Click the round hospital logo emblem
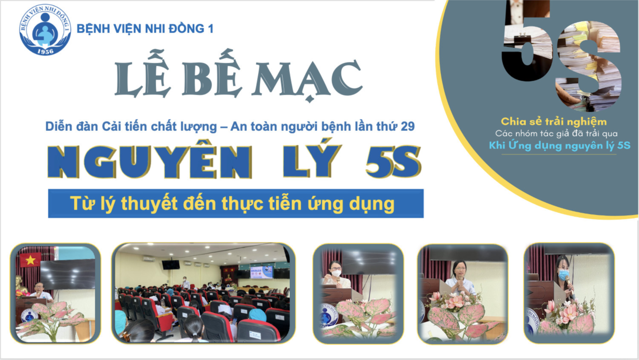click(45, 30)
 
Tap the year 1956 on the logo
click(45, 51)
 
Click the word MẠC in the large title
click(307, 81)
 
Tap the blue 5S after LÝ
click(393, 161)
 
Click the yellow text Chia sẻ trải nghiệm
click(554, 122)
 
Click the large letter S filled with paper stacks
click(589, 65)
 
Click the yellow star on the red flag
click(30, 260)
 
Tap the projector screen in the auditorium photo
click(262, 272)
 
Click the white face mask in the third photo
click(336, 273)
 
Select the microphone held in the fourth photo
click(460, 283)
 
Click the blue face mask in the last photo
click(563, 275)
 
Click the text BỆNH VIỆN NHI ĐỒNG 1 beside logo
click(145, 29)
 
